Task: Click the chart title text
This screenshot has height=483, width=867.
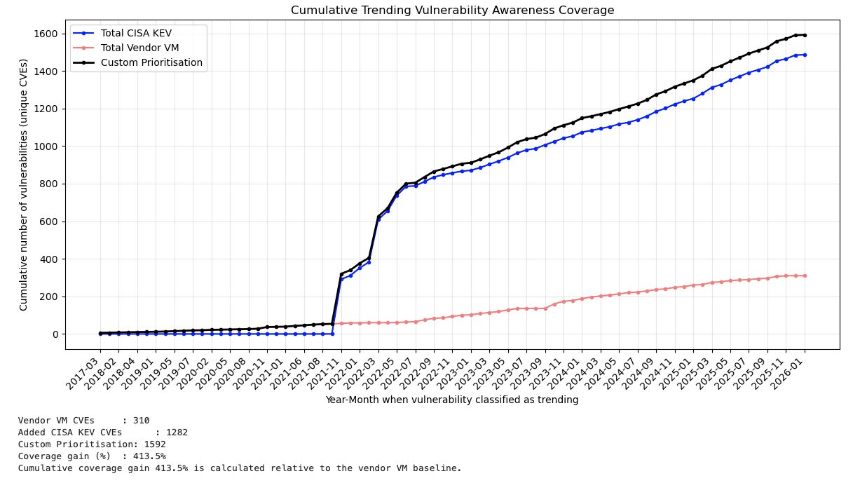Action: click(452, 11)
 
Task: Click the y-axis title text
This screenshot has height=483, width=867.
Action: click(24, 184)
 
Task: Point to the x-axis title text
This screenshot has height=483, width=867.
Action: click(451, 400)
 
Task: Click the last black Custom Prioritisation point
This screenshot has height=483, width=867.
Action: click(805, 35)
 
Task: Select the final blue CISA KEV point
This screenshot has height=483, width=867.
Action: click(805, 55)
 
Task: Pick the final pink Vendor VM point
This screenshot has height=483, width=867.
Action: click(805, 275)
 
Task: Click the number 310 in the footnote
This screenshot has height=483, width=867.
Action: click(141, 421)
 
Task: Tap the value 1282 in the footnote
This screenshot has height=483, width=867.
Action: click(177, 433)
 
